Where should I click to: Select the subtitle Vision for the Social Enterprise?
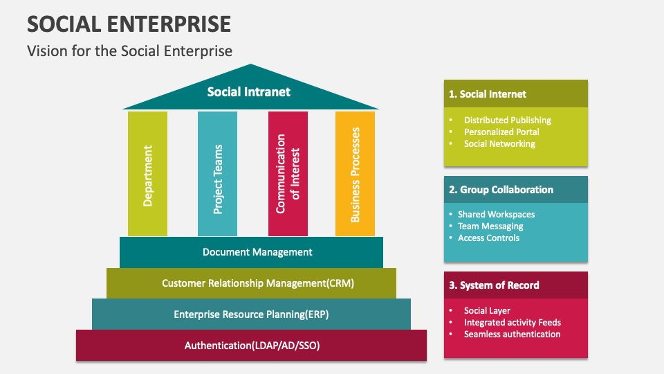pyautogui.click(x=129, y=51)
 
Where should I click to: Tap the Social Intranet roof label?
pyautogui.click(x=249, y=91)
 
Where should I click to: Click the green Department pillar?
pyautogui.click(x=147, y=175)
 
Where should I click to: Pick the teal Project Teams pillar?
pyautogui.click(x=217, y=175)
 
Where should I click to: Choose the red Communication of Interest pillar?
pyautogui.click(x=288, y=175)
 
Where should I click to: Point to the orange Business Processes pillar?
pyautogui.click(x=355, y=175)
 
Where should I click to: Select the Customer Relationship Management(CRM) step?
pyautogui.click(x=251, y=283)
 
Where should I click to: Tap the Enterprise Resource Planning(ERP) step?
pyautogui.click(x=251, y=314)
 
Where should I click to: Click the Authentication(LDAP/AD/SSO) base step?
pyautogui.click(x=252, y=345)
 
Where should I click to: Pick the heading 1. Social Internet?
pyautogui.click(x=488, y=94)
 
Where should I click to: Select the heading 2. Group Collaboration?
pyautogui.click(x=501, y=190)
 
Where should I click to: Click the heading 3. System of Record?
pyautogui.click(x=494, y=285)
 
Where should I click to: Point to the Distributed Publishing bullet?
pyautogui.click(x=507, y=120)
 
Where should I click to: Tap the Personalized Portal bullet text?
pyautogui.click(x=501, y=132)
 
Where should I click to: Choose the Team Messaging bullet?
pyautogui.click(x=490, y=226)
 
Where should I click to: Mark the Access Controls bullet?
pyautogui.click(x=488, y=238)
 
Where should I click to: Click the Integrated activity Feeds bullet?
pyautogui.click(x=513, y=322)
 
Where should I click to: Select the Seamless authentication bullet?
pyautogui.click(x=512, y=334)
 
